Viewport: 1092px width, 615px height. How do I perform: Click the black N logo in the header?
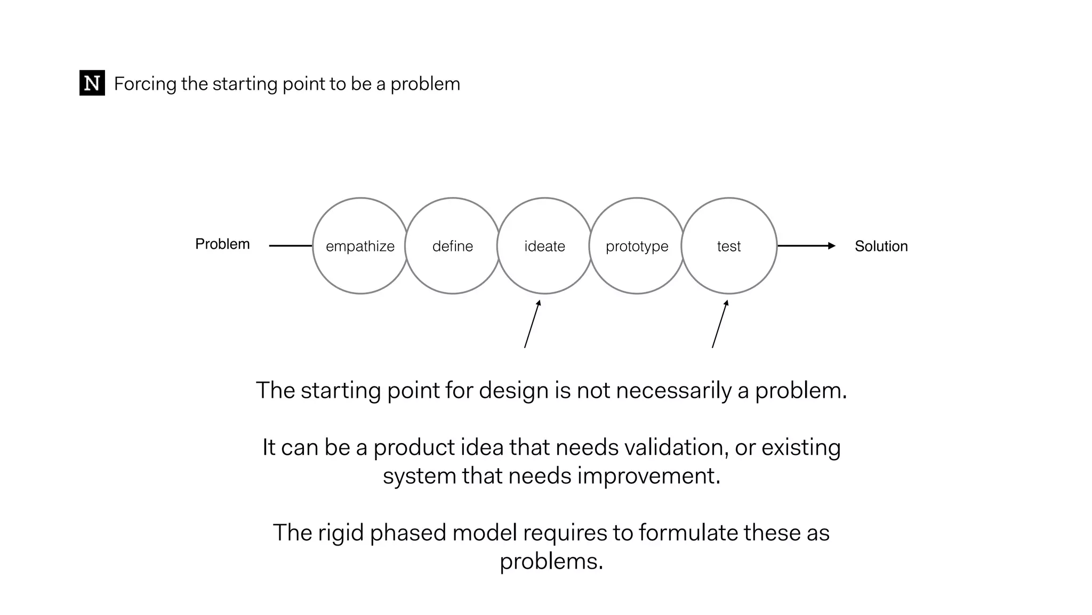92,83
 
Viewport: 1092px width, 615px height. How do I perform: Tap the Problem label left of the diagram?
222,244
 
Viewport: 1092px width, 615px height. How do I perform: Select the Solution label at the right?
881,246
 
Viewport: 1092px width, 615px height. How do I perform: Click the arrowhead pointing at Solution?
831,246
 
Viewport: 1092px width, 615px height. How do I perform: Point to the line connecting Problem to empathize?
291,246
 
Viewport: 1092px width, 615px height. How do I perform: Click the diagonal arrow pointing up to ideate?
532,325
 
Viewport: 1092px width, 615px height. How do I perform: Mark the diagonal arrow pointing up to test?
720,325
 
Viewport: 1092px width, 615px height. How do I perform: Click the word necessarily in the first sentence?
673,391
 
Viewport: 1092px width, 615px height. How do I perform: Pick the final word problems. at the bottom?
551,562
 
